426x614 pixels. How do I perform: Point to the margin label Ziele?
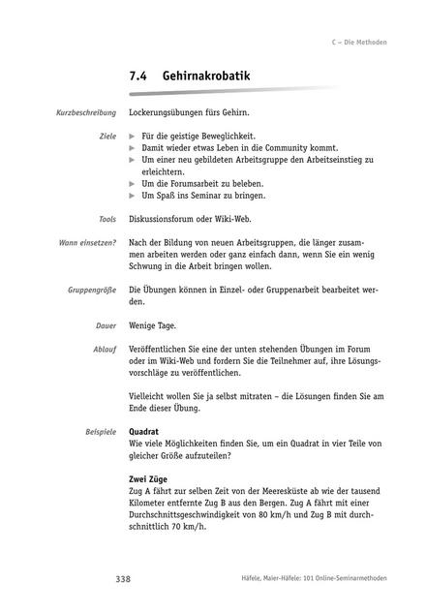(107, 137)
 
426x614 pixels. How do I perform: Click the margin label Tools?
(107, 220)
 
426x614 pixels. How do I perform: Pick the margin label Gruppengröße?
(91, 290)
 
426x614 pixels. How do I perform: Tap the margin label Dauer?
(106, 325)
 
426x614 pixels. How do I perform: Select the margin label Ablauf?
(106, 347)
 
